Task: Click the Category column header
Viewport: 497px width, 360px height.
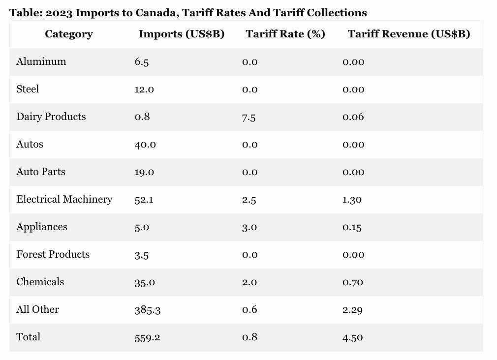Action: click(68, 34)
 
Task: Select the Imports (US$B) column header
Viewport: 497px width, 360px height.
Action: click(181, 34)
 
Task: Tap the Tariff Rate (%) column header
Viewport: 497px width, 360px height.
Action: click(285, 34)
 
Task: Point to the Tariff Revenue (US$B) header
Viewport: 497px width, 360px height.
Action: click(408, 34)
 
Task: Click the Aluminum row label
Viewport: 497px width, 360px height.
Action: click(41, 61)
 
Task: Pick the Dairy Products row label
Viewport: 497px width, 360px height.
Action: click(51, 117)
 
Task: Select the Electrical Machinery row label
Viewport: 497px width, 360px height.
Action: click(64, 199)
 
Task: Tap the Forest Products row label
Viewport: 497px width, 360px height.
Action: click(53, 254)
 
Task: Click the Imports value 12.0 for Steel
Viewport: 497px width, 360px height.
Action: click(144, 90)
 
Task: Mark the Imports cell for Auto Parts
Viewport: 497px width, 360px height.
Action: click(144, 172)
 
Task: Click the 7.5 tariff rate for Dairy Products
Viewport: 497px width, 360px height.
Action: click(248, 117)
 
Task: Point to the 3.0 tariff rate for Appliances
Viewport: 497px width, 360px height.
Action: click(249, 227)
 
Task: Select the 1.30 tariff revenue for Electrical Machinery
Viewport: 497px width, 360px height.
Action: click(352, 200)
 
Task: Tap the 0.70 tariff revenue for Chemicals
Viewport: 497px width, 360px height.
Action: click(353, 282)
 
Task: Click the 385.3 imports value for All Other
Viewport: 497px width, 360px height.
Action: click(147, 310)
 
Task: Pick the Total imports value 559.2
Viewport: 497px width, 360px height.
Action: click(147, 337)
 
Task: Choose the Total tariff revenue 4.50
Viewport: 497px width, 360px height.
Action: click(353, 337)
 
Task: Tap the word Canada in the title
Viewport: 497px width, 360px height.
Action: click(154, 13)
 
